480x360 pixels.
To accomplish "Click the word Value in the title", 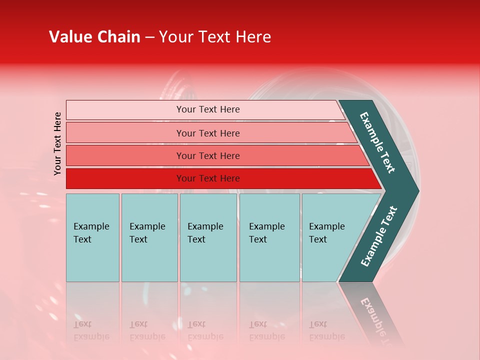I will coord(70,37).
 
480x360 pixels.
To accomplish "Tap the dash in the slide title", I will coord(149,37).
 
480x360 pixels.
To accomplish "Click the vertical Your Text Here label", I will coord(57,143).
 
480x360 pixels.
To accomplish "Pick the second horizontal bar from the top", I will coord(208,133).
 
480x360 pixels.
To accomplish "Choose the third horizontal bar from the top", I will coord(208,155).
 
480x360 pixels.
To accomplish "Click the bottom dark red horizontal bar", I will coord(208,178).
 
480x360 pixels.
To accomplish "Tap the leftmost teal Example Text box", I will coord(92,237).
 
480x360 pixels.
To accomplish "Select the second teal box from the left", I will coord(149,237).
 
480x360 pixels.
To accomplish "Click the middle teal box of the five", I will coord(208,237).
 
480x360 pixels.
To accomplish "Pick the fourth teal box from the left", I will coord(269,237).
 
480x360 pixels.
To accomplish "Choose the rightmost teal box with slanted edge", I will coord(330,237).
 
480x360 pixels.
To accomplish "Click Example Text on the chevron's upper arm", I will coord(377,142).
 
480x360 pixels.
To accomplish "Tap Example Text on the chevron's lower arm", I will coord(378,236).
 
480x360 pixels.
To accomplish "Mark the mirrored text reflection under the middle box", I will coord(205,330).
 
